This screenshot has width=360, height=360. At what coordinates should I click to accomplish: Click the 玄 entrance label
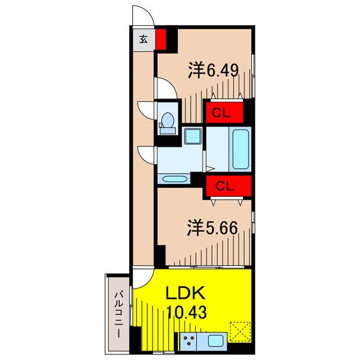(x=144, y=40)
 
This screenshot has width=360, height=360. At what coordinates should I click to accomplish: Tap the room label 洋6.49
(x=214, y=70)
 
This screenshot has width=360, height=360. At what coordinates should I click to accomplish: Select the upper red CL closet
(x=223, y=112)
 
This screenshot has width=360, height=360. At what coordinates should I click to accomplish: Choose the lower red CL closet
(x=226, y=185)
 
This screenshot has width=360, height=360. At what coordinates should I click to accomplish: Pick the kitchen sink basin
(x=215, y=340)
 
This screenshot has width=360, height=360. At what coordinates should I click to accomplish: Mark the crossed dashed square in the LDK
(x=241, y=331)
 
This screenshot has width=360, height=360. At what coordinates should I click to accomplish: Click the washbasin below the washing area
(x=174, y=179)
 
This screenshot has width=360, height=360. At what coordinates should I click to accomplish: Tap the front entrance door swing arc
(x=143, y=15)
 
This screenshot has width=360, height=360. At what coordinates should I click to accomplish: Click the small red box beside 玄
(x=161, y=40)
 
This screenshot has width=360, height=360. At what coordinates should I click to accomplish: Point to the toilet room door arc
(x=146, y=109)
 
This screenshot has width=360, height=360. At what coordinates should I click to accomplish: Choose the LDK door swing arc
(x=142, y=278)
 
